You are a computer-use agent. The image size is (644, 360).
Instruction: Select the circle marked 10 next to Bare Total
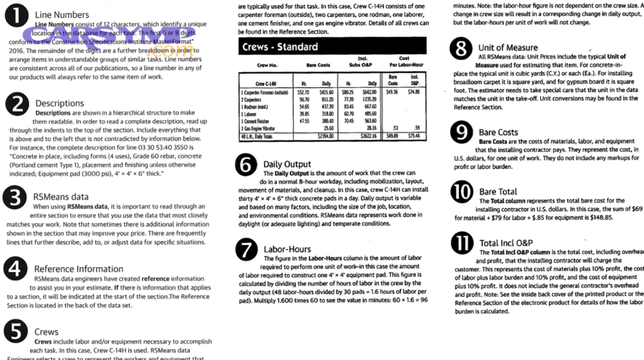tap(462, 193)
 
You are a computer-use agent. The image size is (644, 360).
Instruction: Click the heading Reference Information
tap(79, 269)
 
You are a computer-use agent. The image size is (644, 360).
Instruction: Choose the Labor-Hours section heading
tap(287, 249)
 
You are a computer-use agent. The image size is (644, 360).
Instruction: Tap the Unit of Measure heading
tap(508, 48)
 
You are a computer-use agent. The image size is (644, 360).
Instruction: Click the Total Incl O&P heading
tap(512, 243)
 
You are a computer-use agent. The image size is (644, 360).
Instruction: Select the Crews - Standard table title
tap(280, 47)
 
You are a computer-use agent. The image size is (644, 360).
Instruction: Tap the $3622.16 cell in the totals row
tap(367, 135)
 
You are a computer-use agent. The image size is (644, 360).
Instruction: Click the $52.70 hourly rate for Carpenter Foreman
tap(303, 92)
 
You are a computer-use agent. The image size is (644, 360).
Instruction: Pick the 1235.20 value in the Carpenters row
tap(369, 99)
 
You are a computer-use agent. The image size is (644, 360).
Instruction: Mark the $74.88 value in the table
tap(414, 92)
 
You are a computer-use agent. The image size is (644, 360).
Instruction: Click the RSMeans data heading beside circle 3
tap(62, 196)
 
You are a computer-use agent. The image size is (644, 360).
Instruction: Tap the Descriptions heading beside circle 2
tap(59, 104)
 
